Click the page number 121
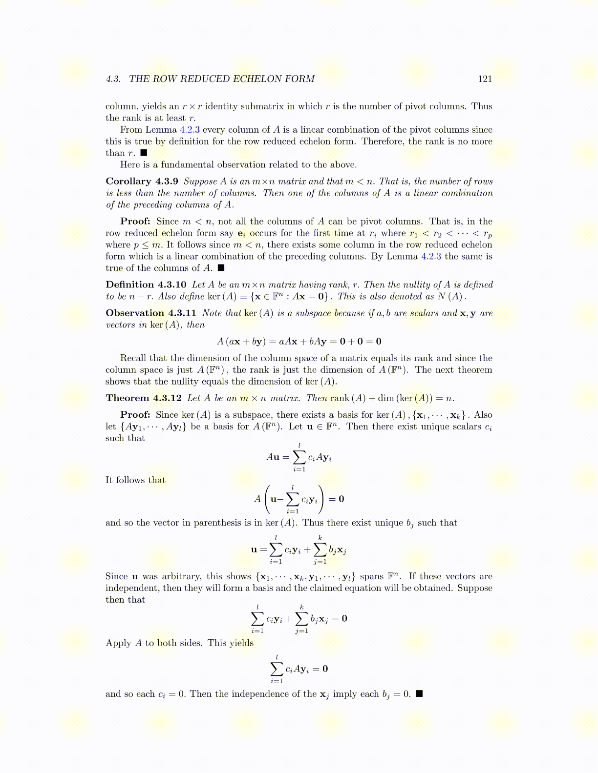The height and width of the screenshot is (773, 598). (485, 79)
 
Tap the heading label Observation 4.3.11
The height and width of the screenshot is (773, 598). (150, 313)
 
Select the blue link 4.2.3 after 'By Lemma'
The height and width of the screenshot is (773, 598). (431, 257)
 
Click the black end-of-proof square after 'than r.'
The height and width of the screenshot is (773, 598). (144, 153)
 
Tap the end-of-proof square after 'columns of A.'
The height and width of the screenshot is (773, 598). (221, 268)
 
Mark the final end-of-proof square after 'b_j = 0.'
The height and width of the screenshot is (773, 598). (419, 694)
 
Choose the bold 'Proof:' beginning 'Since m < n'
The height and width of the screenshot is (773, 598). (135, 222)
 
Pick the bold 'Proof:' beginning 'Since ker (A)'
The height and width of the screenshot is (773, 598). (135, 415)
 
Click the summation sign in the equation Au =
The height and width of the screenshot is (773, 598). (299, 457)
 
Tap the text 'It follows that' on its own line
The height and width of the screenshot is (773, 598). (135, 480)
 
